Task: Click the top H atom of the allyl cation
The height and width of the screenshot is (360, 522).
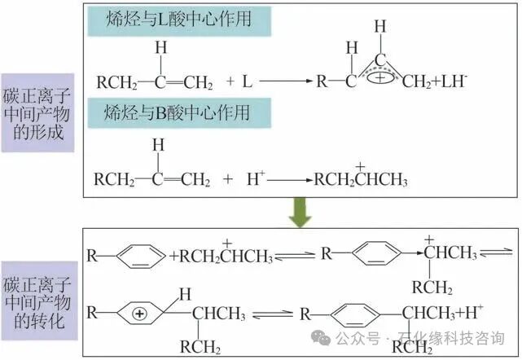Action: tap(380, 28)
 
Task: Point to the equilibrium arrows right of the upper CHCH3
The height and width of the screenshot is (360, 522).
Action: tap(497, 253)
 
